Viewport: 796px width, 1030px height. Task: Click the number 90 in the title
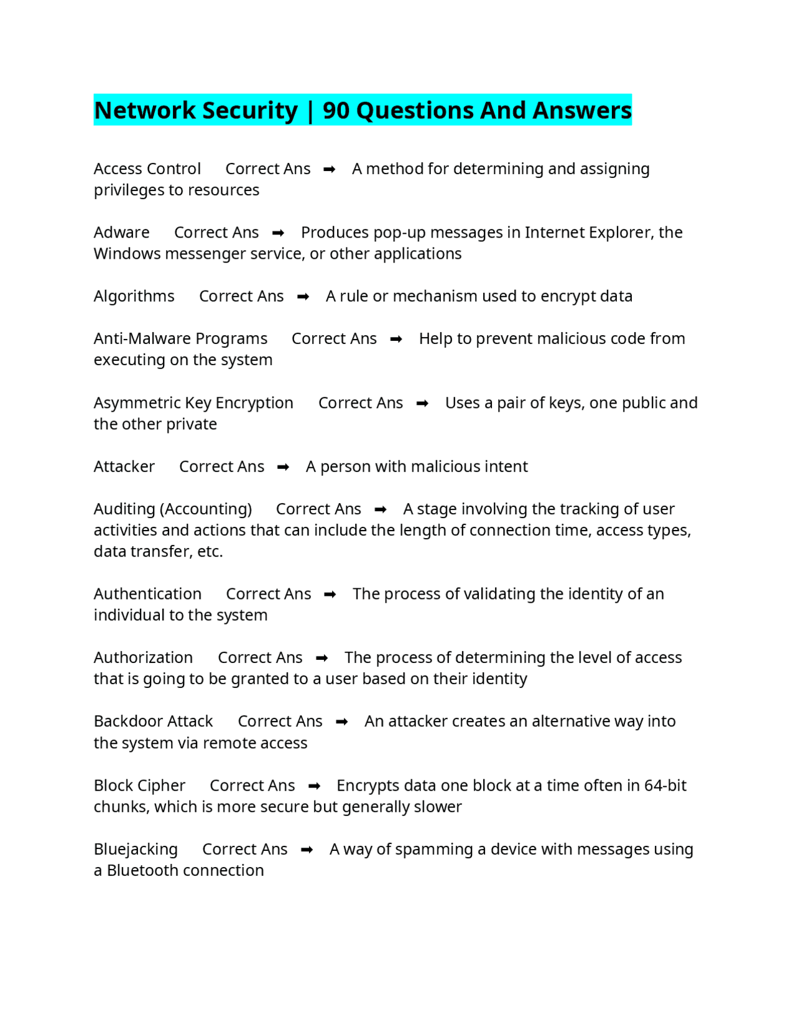[336, 111]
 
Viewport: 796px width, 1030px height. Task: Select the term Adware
[121, 233]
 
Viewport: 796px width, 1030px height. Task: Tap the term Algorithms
[134, 296]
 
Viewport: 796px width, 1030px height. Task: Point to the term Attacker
[124, 466]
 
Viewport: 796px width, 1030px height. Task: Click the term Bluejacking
[136, 849]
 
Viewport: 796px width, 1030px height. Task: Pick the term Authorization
[143, 657]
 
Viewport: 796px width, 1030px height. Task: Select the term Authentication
[147, 594]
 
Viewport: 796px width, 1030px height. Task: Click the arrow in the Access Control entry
[330, 169]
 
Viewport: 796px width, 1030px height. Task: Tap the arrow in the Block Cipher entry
[315, 786]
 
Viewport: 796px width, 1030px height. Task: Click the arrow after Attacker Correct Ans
[283, 467]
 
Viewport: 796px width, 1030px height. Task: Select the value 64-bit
[665, 786]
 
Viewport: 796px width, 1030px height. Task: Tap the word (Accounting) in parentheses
[206, 509]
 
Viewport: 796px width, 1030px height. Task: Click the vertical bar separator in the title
[310, 111]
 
